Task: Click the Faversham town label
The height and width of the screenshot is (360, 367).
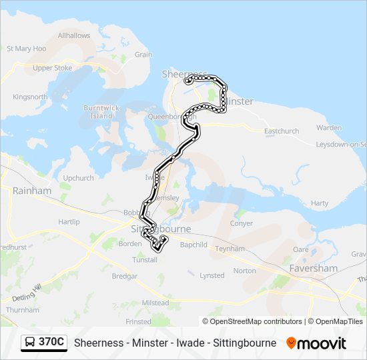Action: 313,268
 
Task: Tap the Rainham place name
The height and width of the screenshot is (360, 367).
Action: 31,191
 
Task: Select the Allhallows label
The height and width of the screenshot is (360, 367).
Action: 74,35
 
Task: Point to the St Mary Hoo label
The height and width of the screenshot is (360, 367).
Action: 26,49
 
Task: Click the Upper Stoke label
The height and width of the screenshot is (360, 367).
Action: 52,68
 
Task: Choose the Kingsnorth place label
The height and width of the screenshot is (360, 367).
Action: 30,97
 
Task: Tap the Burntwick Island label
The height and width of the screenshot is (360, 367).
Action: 97,111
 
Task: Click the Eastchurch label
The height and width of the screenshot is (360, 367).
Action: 282,131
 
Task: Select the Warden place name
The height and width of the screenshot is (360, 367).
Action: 329,127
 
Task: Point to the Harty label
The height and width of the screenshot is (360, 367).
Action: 320,203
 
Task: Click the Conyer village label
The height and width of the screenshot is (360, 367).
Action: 242,223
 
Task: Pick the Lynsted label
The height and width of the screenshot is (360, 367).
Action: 212,275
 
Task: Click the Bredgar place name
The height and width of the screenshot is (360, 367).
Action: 125,275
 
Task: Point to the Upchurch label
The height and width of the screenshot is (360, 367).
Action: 78,178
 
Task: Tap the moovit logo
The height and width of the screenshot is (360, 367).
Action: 316,343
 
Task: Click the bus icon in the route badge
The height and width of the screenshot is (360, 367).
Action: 30,343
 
